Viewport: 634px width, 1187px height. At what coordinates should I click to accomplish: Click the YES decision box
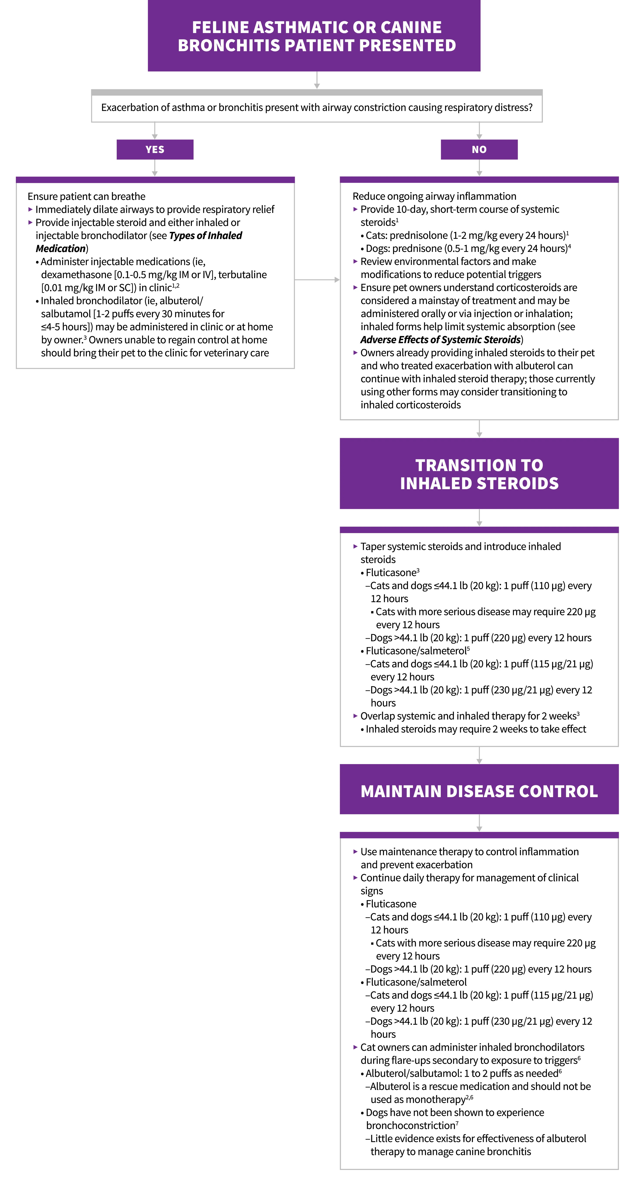coord(155,149)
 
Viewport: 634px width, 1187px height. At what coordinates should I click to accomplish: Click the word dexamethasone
coord(76,275)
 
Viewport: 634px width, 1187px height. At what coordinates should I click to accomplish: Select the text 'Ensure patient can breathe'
coord(86,196)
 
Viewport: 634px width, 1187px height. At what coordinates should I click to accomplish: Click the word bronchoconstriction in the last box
coord(410,1126)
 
